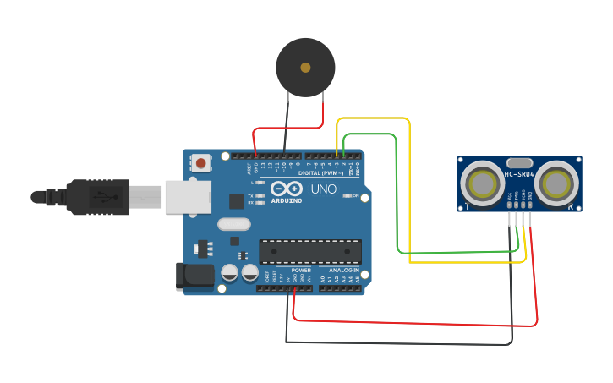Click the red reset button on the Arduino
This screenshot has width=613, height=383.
click(x=200, y=162)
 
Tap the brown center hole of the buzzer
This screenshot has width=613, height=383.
click(x=305, y=67)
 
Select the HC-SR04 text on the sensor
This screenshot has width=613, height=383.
click(x=519, y=175)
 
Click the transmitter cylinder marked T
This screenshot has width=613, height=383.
click(x=483, y=183)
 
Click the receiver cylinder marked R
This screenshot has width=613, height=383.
click(x=556, y=183)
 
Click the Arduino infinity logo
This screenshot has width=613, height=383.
click(x=287, y=190)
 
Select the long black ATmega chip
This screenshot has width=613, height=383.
click(x=309, y=251)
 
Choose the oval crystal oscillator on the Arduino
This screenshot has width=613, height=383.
click(x=234, y=225)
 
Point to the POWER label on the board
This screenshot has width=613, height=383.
click(x=301, y=271)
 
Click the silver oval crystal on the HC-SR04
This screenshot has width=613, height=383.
click(x=519, y=162)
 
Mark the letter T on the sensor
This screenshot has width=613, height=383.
click(x=466, y=206)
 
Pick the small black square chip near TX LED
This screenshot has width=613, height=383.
click(x=237, y=201)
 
